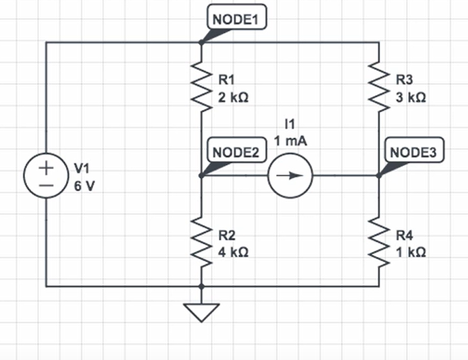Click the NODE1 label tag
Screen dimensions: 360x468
point(236,19)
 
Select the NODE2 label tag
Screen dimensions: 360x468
point(234,152)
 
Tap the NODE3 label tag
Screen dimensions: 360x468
point(413,152)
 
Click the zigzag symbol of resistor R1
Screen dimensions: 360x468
point(202,90)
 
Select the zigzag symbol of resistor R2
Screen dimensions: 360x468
point(202,245)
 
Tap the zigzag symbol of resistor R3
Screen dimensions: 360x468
point(379,90)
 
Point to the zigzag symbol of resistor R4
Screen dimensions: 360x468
point(379,245)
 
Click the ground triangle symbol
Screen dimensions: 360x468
point(202,311)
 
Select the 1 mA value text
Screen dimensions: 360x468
point(290,141)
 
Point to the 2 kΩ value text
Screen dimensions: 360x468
point(233,99)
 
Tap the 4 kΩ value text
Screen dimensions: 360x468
point(233,252)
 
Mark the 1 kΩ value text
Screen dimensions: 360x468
point(410,252)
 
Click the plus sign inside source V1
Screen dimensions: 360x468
point(46,169)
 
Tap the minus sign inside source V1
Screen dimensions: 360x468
point(46,185)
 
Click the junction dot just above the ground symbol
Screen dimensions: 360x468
point(202,286)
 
